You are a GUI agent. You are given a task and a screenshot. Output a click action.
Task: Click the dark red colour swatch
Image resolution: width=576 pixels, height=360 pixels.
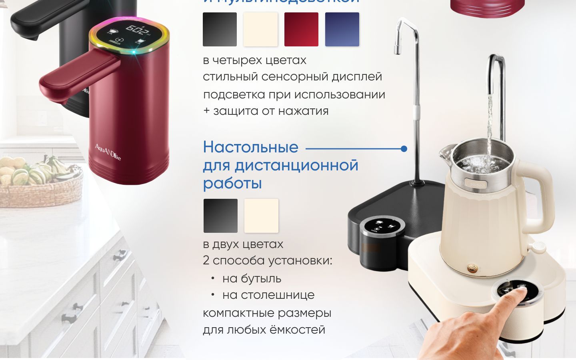click(x=301, y=29)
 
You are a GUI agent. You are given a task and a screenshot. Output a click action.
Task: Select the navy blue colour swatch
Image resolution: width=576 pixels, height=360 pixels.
click(x=342, y=29)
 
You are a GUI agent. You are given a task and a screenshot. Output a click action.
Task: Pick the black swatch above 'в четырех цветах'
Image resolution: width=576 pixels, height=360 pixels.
click(x=220, y=29)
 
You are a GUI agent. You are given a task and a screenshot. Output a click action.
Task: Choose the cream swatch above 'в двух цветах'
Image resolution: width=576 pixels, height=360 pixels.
click(x=261, y=216)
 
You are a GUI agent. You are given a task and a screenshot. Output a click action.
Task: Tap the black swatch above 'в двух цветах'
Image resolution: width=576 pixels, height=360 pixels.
click(x=220, y=216)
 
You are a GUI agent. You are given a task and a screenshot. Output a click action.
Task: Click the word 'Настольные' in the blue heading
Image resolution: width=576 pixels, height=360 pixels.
click(x=250, y=147)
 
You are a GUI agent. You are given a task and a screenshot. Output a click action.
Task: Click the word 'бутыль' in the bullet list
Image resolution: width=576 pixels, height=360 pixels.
click(x=252, y=278)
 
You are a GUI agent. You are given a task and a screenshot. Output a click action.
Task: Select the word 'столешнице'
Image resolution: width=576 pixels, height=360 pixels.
click(x=268, y=295)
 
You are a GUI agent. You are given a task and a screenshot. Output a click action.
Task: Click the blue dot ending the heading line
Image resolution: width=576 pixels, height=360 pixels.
click(x=404, y=149)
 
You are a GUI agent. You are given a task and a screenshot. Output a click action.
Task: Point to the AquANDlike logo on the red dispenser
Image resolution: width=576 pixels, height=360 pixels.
click(x=108, y=152)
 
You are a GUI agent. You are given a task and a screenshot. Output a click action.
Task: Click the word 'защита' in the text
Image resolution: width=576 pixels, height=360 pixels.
click(x=236, y=111)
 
